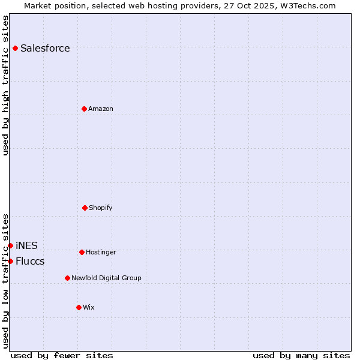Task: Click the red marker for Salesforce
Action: pos(15,48)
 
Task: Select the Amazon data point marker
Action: pos(84,109)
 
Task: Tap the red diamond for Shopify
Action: pos(85,208)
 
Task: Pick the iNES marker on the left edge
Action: pos(10,245)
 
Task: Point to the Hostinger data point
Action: pos(82,252)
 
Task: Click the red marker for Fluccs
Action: pos(10,261)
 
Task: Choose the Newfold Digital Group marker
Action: pos(67,278)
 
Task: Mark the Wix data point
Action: pos(79,307)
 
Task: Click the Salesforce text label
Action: pos(45,48)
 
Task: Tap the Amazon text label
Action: pos(101,109)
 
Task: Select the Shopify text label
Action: pos(101,208)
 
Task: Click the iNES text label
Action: pos(26,245)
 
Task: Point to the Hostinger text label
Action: pos(101,252)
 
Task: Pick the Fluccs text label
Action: pos(30,261)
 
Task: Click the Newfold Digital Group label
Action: pos(106,278)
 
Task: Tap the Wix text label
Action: pos(89,307)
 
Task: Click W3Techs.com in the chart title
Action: pos(306,5)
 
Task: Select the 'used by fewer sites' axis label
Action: pos(62,355)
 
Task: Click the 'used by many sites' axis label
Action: pos(301,355)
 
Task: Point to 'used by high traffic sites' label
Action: pos(5,85)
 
